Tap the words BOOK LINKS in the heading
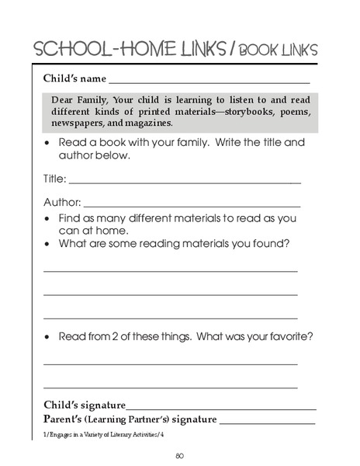279,50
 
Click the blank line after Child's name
209,81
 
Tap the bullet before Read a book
49,144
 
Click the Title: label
54,179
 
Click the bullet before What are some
49,244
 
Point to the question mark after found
287,244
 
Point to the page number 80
179,454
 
